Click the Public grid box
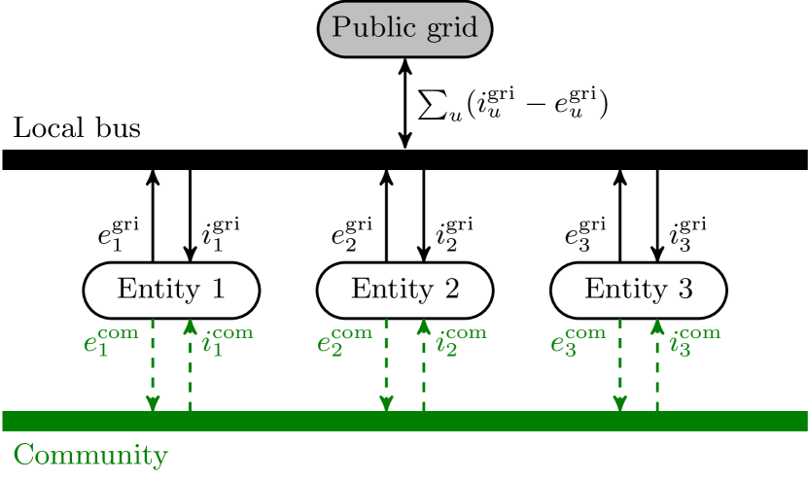tap(404, 28)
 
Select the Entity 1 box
tap(171, 290)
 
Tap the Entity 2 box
tap(404, 290)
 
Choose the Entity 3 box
tap(638, 290)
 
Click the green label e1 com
tap(111, 342)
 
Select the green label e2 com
tap(344, 342)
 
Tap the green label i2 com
tap(460, 342)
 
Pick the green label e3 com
tap(578, 342)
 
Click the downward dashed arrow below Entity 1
tap(153, 365)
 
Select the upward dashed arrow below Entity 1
tap(191, 365)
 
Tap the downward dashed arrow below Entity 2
tap(386, 365)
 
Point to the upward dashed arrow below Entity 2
tap(424, 365)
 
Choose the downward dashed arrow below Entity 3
tap(619, 365)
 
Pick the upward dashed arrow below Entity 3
tap(657, 365)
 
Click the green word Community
tap(90, 455)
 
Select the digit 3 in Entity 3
tap(685, 290)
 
